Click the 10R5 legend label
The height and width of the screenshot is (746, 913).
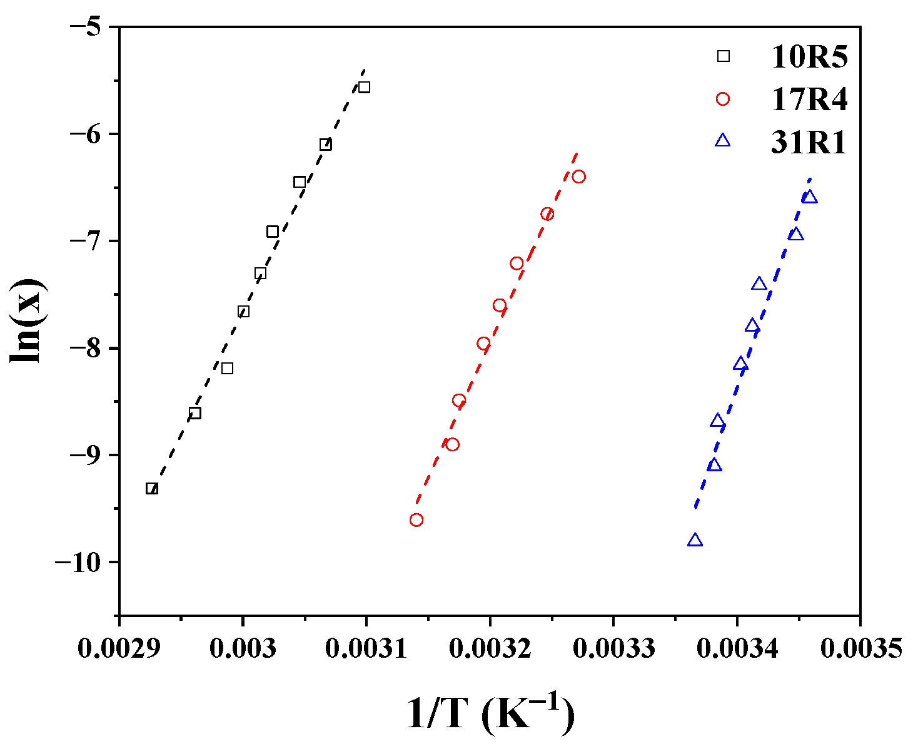(809, 57)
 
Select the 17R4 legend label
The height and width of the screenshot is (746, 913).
(809, 100)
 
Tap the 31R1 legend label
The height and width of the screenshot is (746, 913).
(808, 143)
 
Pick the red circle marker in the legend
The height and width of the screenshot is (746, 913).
(723, 99)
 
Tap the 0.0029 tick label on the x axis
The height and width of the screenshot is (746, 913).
(118, 648)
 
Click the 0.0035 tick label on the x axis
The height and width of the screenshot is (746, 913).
(860, 648)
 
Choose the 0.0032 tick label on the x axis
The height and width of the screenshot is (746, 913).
(490, 648)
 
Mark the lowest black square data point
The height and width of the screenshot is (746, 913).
(152, 488)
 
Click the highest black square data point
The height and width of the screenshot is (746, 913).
(364, 87)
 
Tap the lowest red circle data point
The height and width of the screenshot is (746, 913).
(416, 520)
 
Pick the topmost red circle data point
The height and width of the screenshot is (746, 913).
(579, 176)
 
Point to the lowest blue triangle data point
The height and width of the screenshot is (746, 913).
(695, 541)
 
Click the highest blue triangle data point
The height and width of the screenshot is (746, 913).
(810, 197)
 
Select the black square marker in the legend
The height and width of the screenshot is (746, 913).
(723, 56)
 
